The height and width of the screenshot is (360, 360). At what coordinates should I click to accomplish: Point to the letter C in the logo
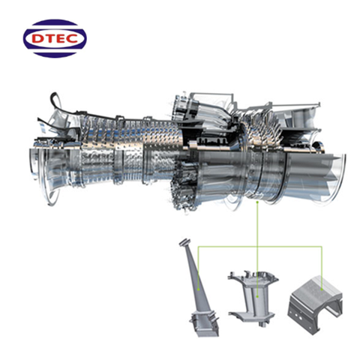point(73,39)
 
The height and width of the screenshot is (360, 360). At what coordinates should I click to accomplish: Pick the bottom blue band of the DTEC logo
point(55,55)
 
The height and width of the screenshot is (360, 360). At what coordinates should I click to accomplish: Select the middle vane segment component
point(253,298)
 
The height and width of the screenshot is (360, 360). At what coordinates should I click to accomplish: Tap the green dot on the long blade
point(198,289)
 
